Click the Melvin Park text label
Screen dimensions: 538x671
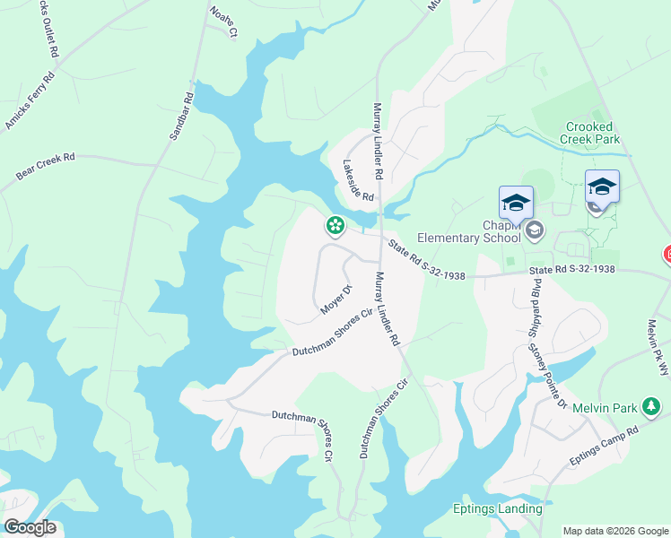click(606, 408)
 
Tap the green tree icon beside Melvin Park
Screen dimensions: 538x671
click(652, 408)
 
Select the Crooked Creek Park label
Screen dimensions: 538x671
click(590, 134)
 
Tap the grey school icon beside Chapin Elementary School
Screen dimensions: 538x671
click(535, 230)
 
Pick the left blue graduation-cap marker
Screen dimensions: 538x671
click(517, 204)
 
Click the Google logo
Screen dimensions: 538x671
click(30, 527)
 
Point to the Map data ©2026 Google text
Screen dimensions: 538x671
click(614, 531)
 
